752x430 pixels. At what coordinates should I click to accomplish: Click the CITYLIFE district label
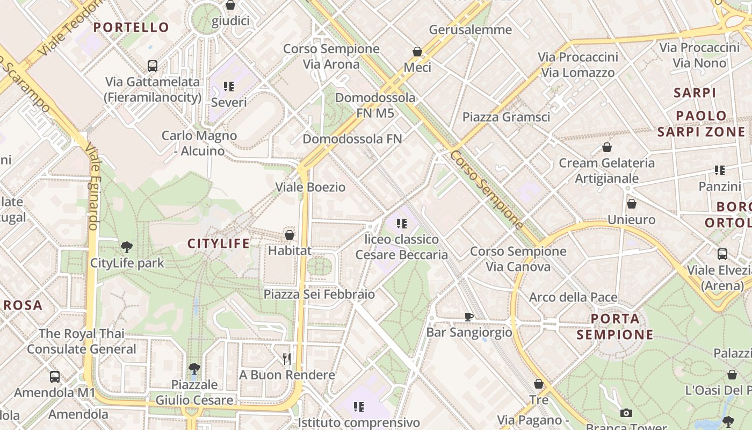218,243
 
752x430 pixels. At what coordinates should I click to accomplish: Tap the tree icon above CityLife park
127,247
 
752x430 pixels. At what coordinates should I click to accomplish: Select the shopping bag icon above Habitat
290,235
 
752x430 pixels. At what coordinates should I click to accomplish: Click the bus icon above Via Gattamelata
153,66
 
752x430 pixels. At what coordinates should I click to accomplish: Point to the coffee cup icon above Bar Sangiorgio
468,317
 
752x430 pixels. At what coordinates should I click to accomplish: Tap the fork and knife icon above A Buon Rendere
287,359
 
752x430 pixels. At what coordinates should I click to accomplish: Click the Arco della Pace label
573,297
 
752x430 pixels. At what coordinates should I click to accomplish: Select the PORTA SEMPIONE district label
615,326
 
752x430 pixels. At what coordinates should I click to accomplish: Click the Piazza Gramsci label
506,117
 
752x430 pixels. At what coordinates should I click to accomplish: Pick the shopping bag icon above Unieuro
632,204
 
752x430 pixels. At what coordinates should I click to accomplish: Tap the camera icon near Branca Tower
626,413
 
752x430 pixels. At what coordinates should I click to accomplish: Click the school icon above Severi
229,86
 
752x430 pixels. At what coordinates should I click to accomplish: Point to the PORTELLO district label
131,27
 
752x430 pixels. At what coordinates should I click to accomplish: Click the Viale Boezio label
310,187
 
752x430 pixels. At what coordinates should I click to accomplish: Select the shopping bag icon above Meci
417,52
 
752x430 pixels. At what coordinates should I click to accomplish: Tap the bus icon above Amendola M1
54,376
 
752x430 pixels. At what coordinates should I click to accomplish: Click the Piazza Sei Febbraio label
319,294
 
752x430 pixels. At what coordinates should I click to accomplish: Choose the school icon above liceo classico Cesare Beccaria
401,223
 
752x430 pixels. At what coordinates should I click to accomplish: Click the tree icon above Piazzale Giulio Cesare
194,369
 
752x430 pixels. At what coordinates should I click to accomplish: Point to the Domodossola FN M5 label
375,105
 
